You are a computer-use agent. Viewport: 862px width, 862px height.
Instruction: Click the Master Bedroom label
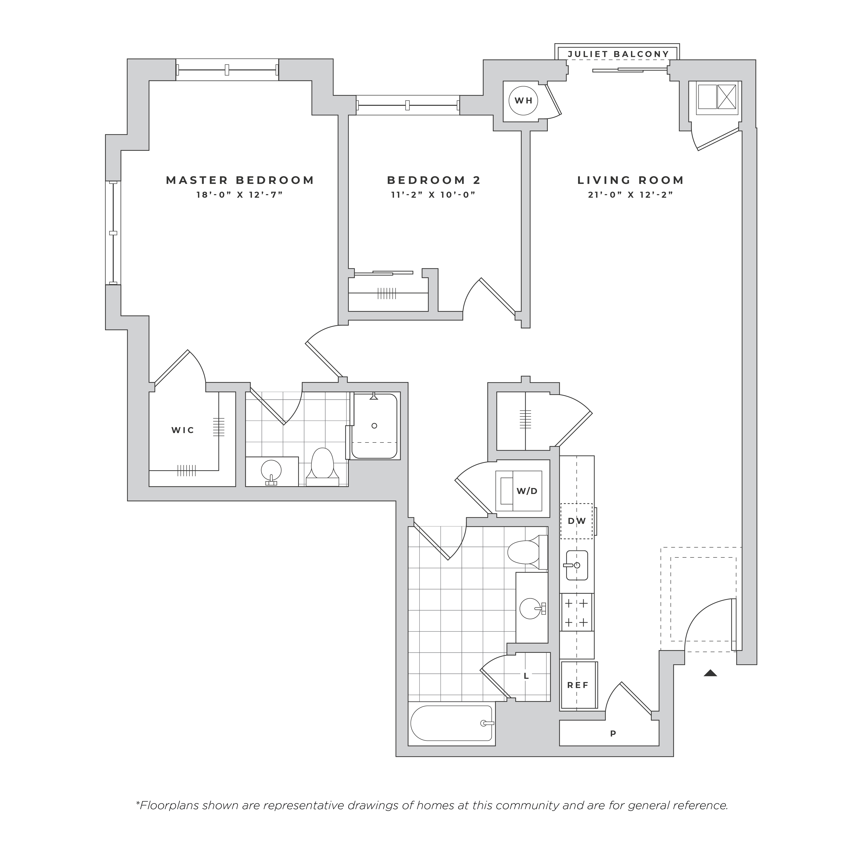coord(240,180)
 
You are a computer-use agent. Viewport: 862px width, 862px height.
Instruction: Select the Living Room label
coord(631,180)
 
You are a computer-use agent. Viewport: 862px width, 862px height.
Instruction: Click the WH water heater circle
coord(523,100)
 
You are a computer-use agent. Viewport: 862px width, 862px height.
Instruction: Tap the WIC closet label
coord(183,430)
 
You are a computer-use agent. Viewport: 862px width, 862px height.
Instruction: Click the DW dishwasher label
coord(577,521)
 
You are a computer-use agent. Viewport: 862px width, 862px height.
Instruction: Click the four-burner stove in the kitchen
coord(577,612)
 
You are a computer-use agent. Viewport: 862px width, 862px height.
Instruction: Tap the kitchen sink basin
coord(577,565)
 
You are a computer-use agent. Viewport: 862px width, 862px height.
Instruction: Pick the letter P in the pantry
coord(613,733)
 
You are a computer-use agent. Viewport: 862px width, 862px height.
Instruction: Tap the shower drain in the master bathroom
coord(374,426)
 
